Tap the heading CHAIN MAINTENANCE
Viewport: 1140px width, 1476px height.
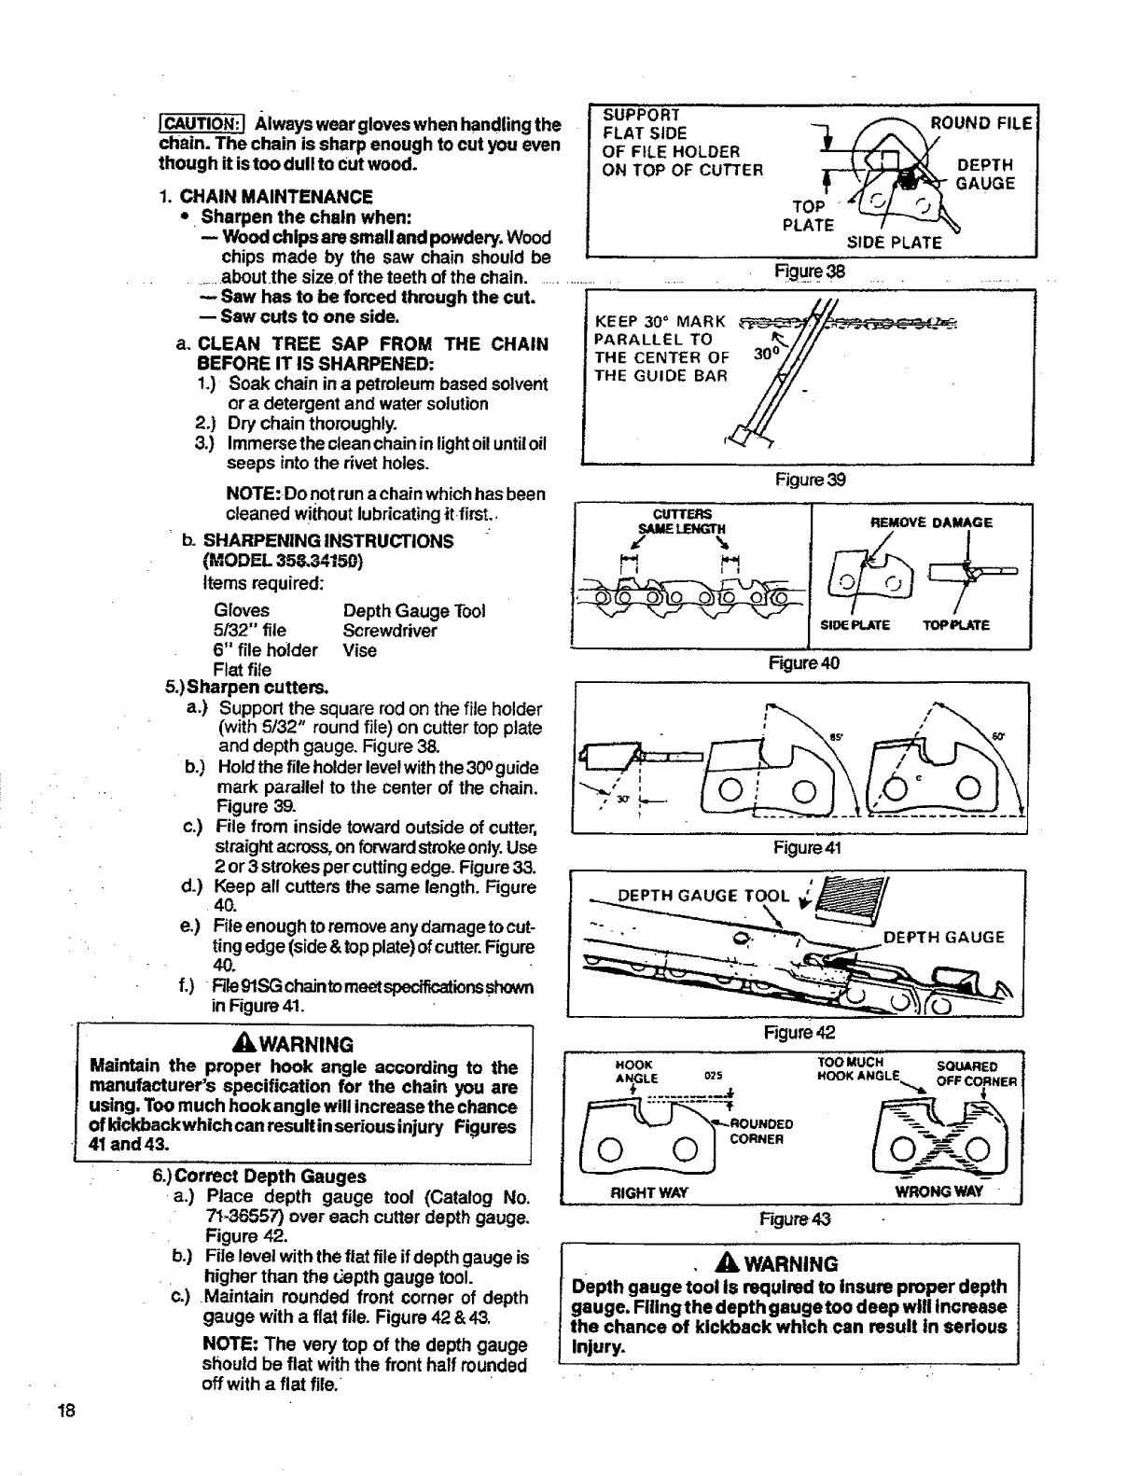click(276, 197)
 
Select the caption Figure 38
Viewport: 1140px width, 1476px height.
click(809, 272)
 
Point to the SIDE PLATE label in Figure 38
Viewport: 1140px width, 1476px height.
click(894, 243)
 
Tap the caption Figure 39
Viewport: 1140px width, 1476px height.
click(810, 480)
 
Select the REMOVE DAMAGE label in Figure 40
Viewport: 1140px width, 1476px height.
click(931, 522)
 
